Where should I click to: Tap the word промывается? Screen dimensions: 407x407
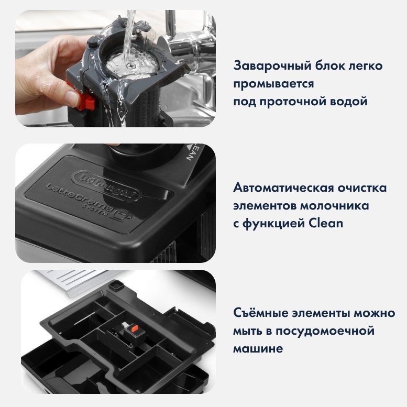pos(273,84)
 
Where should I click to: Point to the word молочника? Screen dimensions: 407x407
pos(335,205)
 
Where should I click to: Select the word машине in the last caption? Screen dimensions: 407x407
pos(258,348)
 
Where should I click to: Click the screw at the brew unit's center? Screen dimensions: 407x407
pos(131,66)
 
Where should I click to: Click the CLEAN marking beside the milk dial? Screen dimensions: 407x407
pos(193,152)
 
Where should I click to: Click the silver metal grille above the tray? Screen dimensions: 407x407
pos(75,282)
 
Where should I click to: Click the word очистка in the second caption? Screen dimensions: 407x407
pos(362,187)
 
